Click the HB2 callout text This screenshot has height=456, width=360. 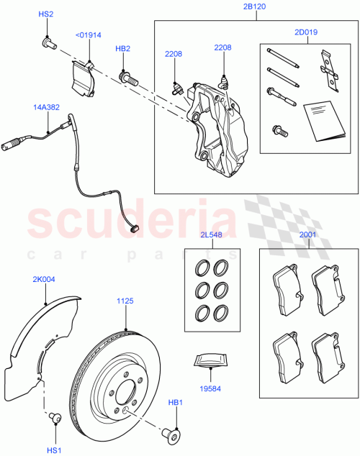123,49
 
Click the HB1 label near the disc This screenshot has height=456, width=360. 176,403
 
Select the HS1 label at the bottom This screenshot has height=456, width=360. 53,450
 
